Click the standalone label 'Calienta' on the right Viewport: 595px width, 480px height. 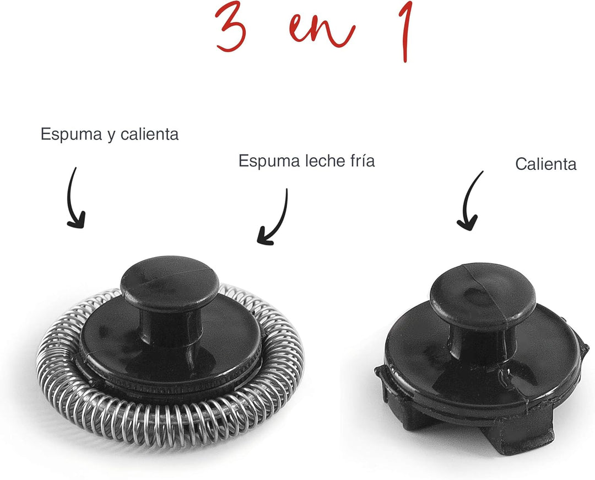546,164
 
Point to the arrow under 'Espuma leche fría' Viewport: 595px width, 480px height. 275,218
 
